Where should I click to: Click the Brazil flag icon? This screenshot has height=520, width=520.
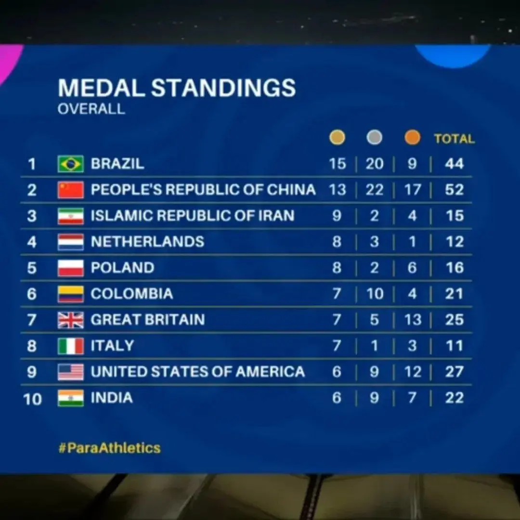click(71, 164)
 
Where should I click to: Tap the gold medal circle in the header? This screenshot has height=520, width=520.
click(337, 138)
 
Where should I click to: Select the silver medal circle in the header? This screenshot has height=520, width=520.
click(374, 138)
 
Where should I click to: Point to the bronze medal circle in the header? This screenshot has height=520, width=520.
click(412, 138)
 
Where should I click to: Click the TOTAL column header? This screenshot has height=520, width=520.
click(454, 139)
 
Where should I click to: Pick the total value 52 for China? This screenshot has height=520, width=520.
click(454, 190)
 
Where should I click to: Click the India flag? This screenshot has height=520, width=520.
click(71, 398)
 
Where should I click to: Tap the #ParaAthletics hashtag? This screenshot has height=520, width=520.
click(109, 448)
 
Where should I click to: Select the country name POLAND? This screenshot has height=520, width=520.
click(123, 268)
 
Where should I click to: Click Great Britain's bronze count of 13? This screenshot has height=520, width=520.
click(413, 320)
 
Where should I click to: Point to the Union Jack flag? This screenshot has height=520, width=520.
click(71, 320)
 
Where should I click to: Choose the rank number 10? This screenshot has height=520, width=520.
click(32, 399)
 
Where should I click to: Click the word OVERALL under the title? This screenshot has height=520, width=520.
click(91, 109)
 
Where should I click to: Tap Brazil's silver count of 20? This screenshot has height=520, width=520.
click(374, 164)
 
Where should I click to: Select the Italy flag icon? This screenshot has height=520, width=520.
click(71, 346)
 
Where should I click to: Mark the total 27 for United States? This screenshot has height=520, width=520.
click(454, 372)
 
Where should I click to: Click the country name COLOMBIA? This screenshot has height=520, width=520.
click(131, 294)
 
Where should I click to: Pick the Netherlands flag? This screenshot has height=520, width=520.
click(71, 242)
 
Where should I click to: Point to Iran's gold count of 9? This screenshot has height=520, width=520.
click(337, 216)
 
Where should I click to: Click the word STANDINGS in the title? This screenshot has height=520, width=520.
click(223, 89)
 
